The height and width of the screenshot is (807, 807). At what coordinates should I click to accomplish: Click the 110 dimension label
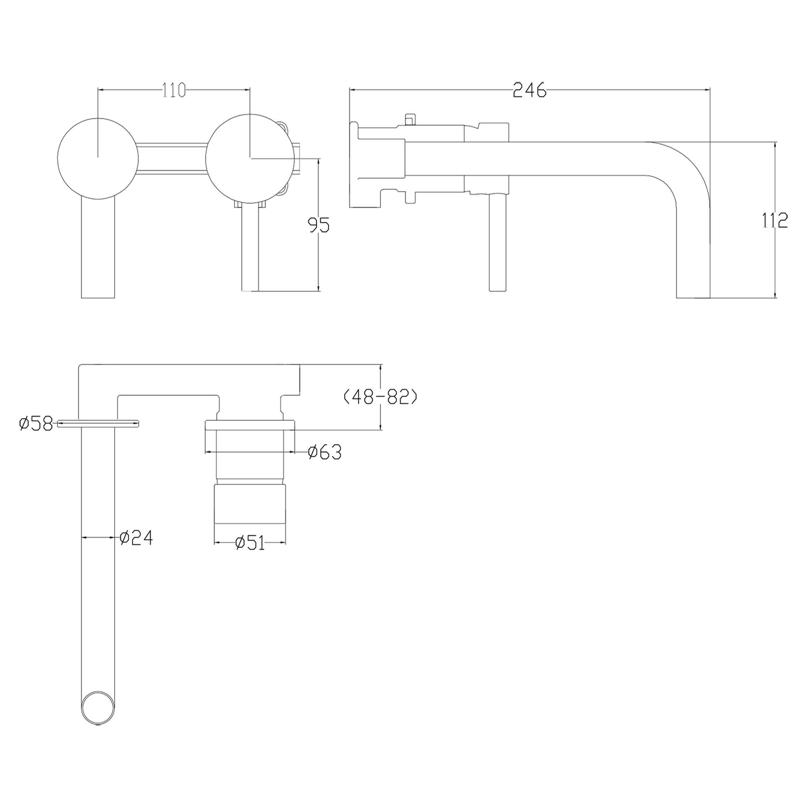click(x=174, y=90)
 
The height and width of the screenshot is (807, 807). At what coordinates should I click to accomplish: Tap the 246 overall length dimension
click(x=529, y=90)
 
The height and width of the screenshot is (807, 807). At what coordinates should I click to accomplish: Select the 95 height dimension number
click(x=319, y=225)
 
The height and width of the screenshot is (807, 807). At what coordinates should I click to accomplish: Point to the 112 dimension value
click(x=775, y=220)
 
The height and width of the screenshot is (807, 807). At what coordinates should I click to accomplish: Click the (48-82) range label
click(x=380, y=397)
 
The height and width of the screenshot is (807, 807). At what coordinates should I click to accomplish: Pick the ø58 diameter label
click(x=36, y=424)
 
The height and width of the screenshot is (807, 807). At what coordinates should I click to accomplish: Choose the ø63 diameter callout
click(x=324, y=452)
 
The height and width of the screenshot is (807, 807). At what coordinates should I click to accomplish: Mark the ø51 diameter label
click(x=250, y=543)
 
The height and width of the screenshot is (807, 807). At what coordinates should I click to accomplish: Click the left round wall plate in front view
click(x=98, y=158)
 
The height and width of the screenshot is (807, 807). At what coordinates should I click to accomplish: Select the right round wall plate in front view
click(x=249, y=157)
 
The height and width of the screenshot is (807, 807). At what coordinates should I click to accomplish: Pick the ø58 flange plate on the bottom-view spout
click(x=98, y=424)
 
